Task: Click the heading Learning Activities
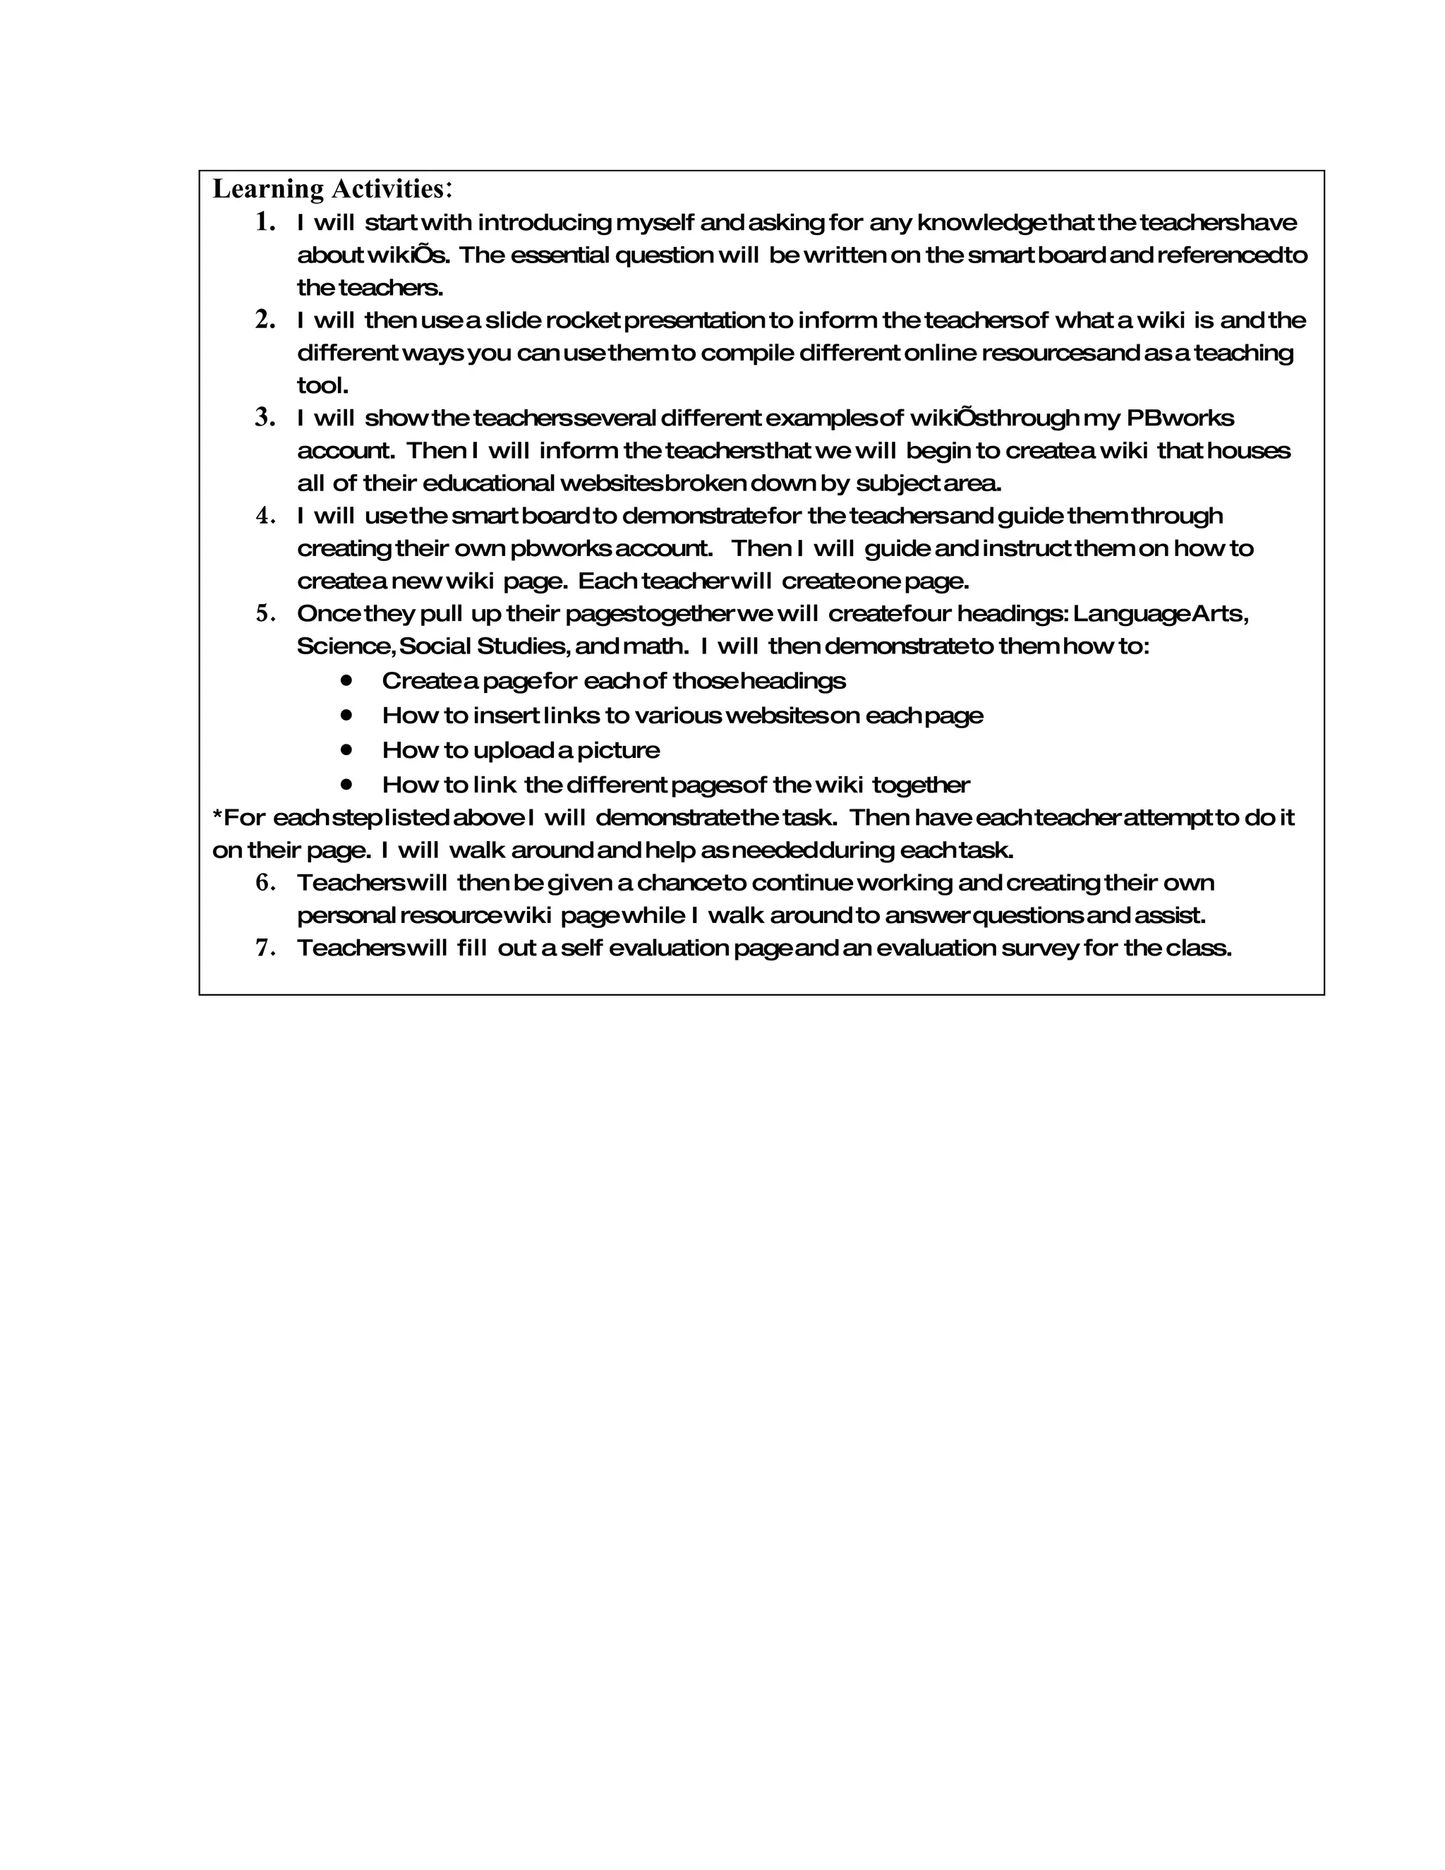332,188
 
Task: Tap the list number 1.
265,222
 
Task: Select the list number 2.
265,320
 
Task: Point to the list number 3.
265,418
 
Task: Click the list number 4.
265,515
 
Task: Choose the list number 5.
265,614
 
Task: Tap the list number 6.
265,883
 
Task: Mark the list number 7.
265,948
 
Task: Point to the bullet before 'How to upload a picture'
346,749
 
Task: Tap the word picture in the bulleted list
618,751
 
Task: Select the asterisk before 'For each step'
217,816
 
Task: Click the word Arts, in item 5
1221,614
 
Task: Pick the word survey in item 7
1039,948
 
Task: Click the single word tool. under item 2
322,385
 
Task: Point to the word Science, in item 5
346,646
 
